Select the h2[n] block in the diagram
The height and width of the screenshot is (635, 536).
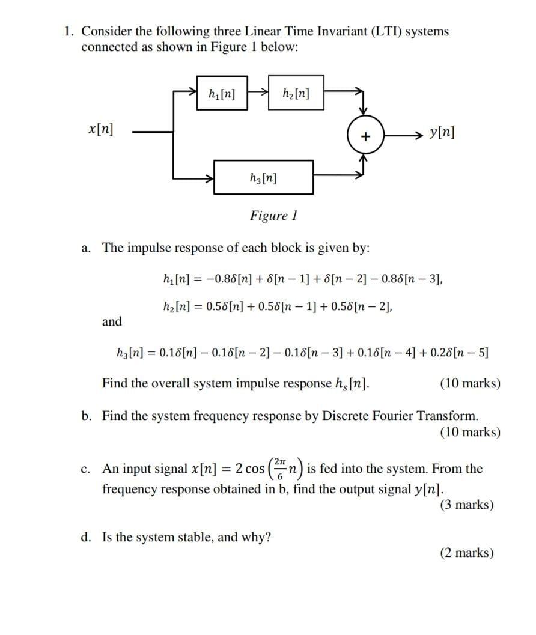pos(296,93)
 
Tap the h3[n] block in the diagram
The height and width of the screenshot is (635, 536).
pos(263,177)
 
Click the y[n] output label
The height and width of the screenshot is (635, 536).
pos(442,132)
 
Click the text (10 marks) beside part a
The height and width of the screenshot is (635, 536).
pos(470,383)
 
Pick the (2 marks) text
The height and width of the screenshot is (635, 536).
pos(467,553)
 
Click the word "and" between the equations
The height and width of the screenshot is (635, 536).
pos(112,321)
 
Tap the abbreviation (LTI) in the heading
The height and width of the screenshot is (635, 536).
pos(381,31)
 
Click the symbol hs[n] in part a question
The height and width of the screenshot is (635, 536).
pos(352,383)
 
